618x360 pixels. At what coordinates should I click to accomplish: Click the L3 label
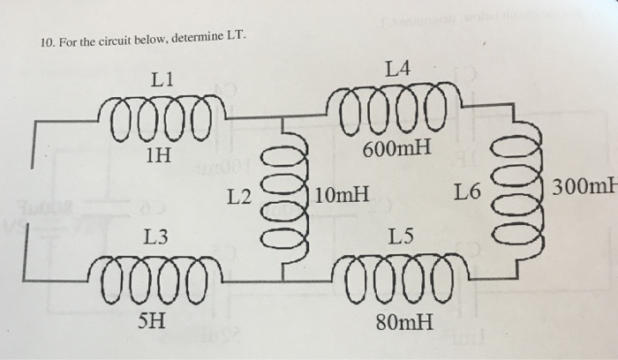pyautogui.click(x=156, y=236)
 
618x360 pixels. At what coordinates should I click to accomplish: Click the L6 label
pyautogui.click(x=468, y=191)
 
